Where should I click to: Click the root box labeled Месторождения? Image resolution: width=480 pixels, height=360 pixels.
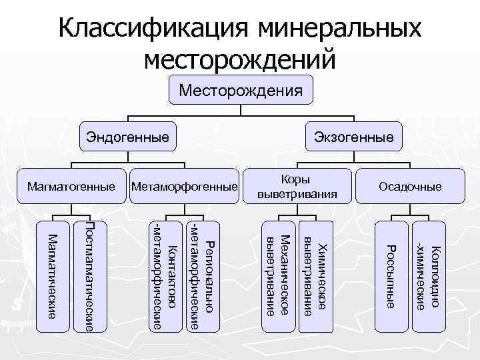[240, 89]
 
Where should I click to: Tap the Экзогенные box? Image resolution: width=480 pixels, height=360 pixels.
[354, 138]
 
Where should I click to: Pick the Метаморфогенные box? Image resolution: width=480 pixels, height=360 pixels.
[185, 186]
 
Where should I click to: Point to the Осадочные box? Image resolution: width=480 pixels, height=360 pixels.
[410, 186]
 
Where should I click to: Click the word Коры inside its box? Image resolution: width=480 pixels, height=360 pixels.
[297, 179]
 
